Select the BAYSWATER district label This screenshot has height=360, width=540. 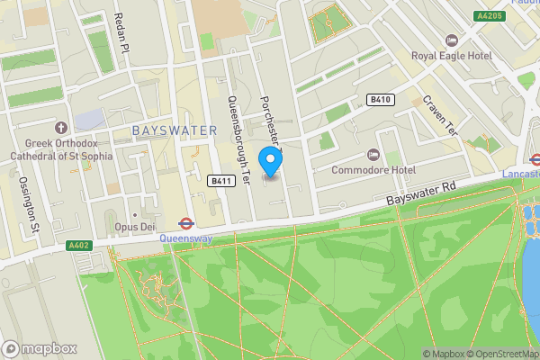pyautogui.click(x=175, y=130)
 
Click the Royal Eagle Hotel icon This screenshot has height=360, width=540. pyautogui.click(x=452, y=40)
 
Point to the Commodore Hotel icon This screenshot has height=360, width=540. pyautogui.click(x=375, y=155)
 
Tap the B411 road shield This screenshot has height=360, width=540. pyautogui.click(x=220, y=181)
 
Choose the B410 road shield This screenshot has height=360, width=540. pyautogui.click(x=380, y=100)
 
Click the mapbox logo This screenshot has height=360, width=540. pyautogui.click(x=40, y=348)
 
